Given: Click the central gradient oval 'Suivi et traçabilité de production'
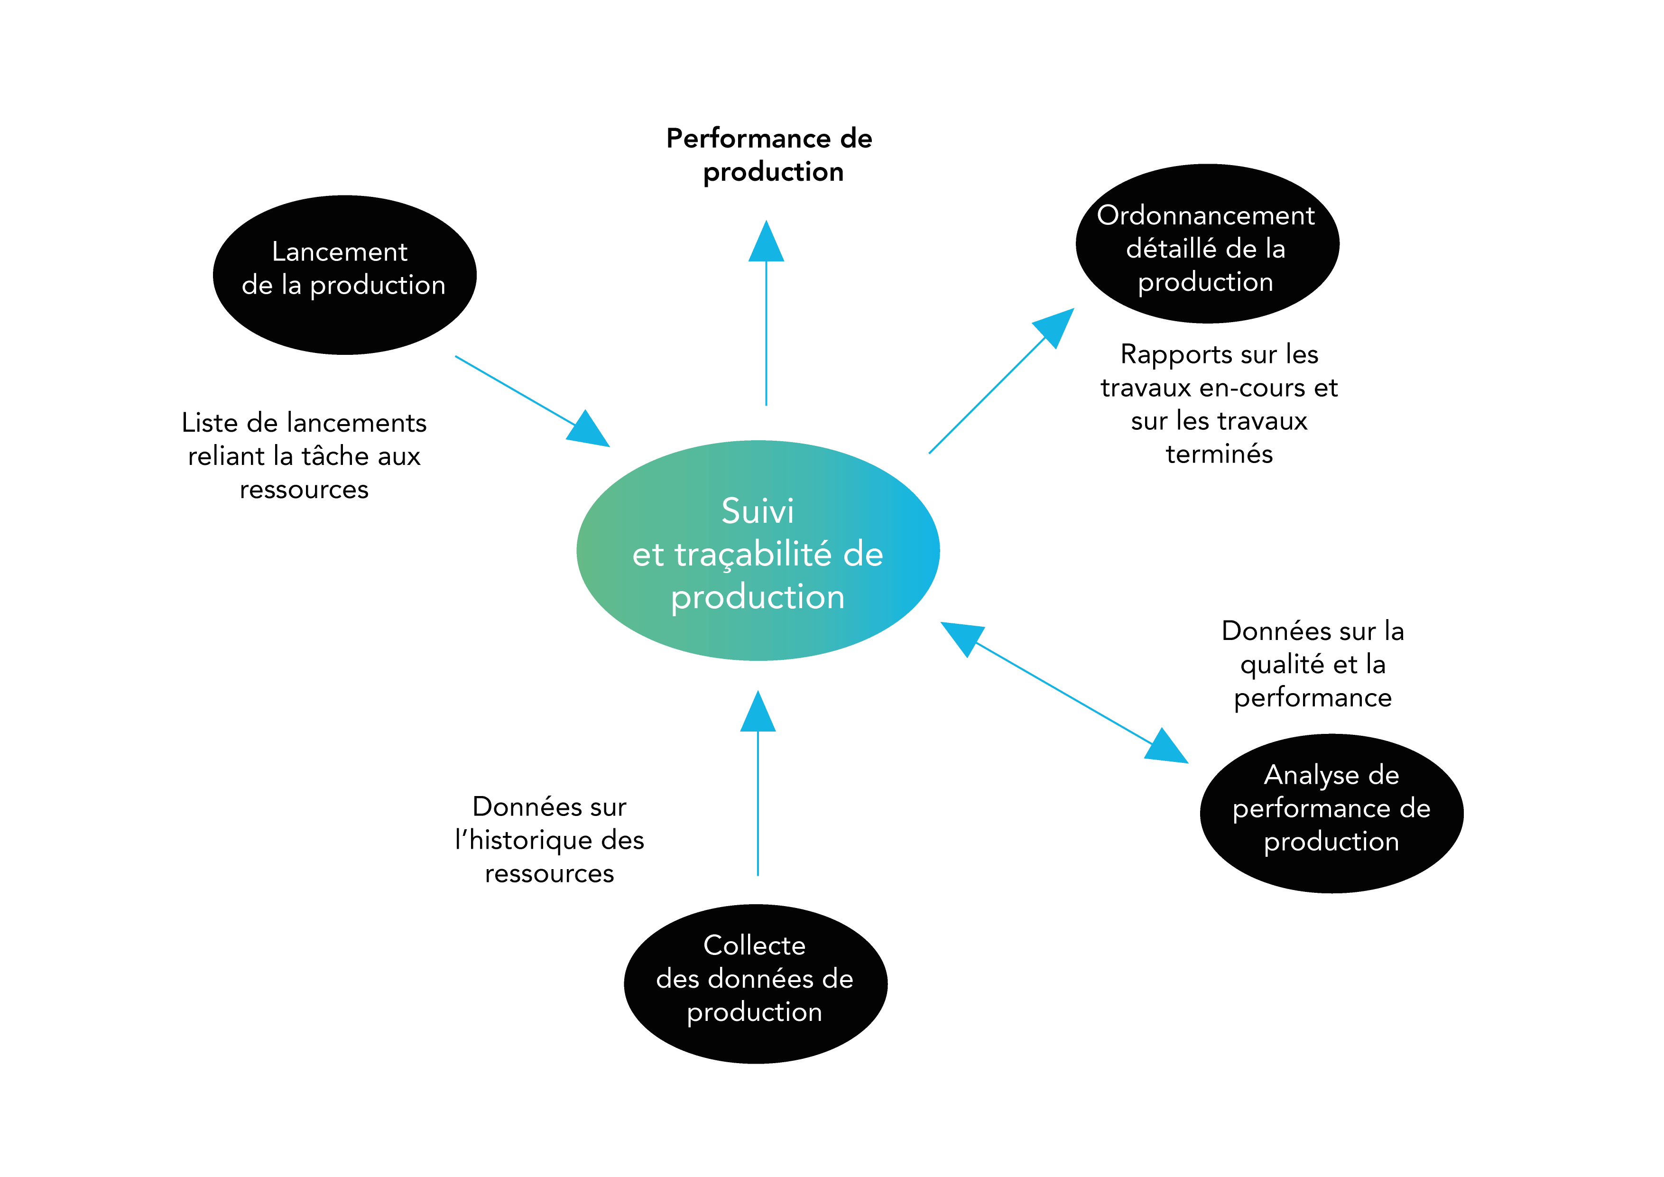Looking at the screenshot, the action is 758,551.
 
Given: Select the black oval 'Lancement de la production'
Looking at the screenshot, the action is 345,275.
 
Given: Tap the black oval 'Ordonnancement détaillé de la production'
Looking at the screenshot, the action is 1207,243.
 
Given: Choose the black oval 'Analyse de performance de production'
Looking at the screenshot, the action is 1332,813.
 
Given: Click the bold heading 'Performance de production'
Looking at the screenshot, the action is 770,154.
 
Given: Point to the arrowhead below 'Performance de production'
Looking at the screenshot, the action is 766,241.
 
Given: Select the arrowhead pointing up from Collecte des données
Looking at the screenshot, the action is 758,712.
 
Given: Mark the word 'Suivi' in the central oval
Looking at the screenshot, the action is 758,511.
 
